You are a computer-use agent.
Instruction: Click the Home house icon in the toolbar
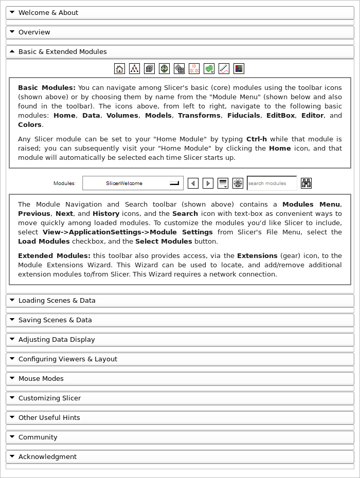click(119, 68)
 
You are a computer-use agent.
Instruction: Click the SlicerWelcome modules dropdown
click(133, 183)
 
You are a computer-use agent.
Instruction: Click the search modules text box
click(272, 183)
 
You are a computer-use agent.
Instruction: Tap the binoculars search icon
click(307, 183)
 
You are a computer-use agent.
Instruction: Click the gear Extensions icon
click(238, 183)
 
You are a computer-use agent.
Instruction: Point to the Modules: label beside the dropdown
click(64, 183)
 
